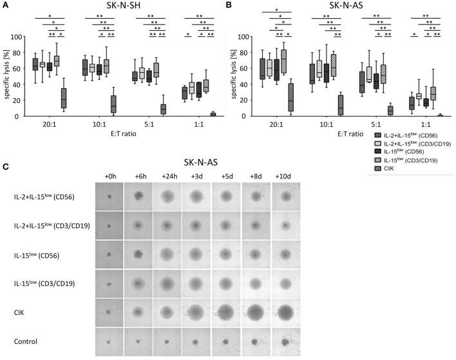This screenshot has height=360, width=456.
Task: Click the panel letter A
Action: [x=5, y=5]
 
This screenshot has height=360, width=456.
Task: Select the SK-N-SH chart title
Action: [x=122, y=6]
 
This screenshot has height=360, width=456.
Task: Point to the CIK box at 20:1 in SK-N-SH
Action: [x=63, y=98]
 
